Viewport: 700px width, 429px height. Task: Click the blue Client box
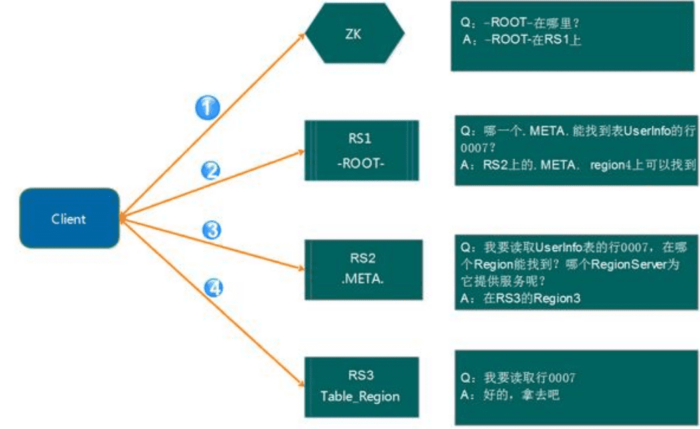pos(69,218)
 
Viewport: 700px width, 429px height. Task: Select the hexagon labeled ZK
pos(355,33)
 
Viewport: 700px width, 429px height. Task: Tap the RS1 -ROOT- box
pos(361,151)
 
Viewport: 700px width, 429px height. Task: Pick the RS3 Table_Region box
pos(361,386)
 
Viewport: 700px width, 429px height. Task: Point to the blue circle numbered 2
pos(211,171)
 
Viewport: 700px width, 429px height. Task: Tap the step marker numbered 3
pos(212,231)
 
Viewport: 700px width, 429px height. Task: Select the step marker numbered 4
pos(213,288)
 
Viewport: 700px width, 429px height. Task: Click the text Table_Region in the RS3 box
pos(360,396)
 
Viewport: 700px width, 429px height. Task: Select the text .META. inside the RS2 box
pos(361,278)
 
